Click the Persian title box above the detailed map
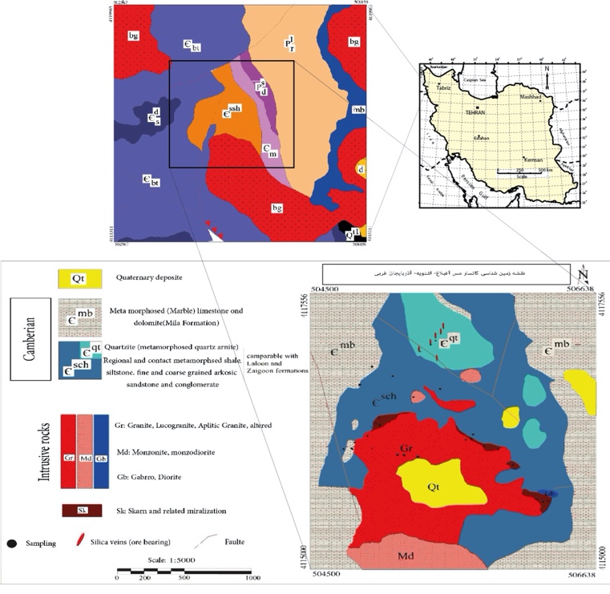pyautogui.click(x=446, y=273)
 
